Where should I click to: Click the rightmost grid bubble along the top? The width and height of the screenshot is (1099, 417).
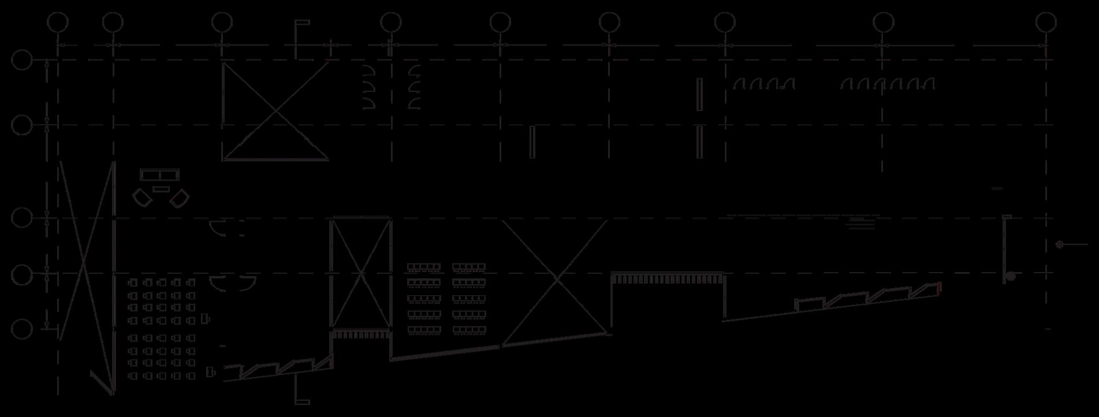pos(1046,23)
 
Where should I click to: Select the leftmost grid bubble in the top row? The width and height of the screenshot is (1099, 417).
pos(58,23)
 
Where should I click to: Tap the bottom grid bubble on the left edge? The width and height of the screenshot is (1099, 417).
pos(22,330)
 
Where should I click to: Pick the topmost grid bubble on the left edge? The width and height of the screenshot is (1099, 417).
pos(22,60)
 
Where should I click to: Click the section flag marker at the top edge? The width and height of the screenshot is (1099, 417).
pos(301,23)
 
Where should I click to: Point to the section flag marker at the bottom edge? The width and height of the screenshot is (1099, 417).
pos(301,401)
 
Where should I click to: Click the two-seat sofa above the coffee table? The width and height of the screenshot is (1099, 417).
pos(160,175)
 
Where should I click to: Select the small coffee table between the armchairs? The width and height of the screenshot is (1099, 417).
pos(161,189)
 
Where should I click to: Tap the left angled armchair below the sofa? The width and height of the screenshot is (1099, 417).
pos(142,198)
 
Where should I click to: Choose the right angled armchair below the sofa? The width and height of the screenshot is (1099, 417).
pos(180,199)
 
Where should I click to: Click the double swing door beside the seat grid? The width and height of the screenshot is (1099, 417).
pos(232,282)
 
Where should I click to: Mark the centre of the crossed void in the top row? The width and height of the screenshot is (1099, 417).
pos(275,111)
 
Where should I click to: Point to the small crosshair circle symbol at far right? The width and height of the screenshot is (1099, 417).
pos(1059,244)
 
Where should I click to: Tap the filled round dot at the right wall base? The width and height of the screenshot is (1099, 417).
pos(1010,277)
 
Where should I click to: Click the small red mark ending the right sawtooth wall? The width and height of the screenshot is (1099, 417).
pos(940,288)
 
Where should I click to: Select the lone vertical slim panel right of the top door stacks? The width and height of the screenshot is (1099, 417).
pos(532,142)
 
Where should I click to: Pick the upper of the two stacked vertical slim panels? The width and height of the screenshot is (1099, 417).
pos(699,95)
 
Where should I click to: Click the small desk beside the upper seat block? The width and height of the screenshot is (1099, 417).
pos(206,318)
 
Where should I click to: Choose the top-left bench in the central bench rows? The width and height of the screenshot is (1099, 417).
pos(424,267)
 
